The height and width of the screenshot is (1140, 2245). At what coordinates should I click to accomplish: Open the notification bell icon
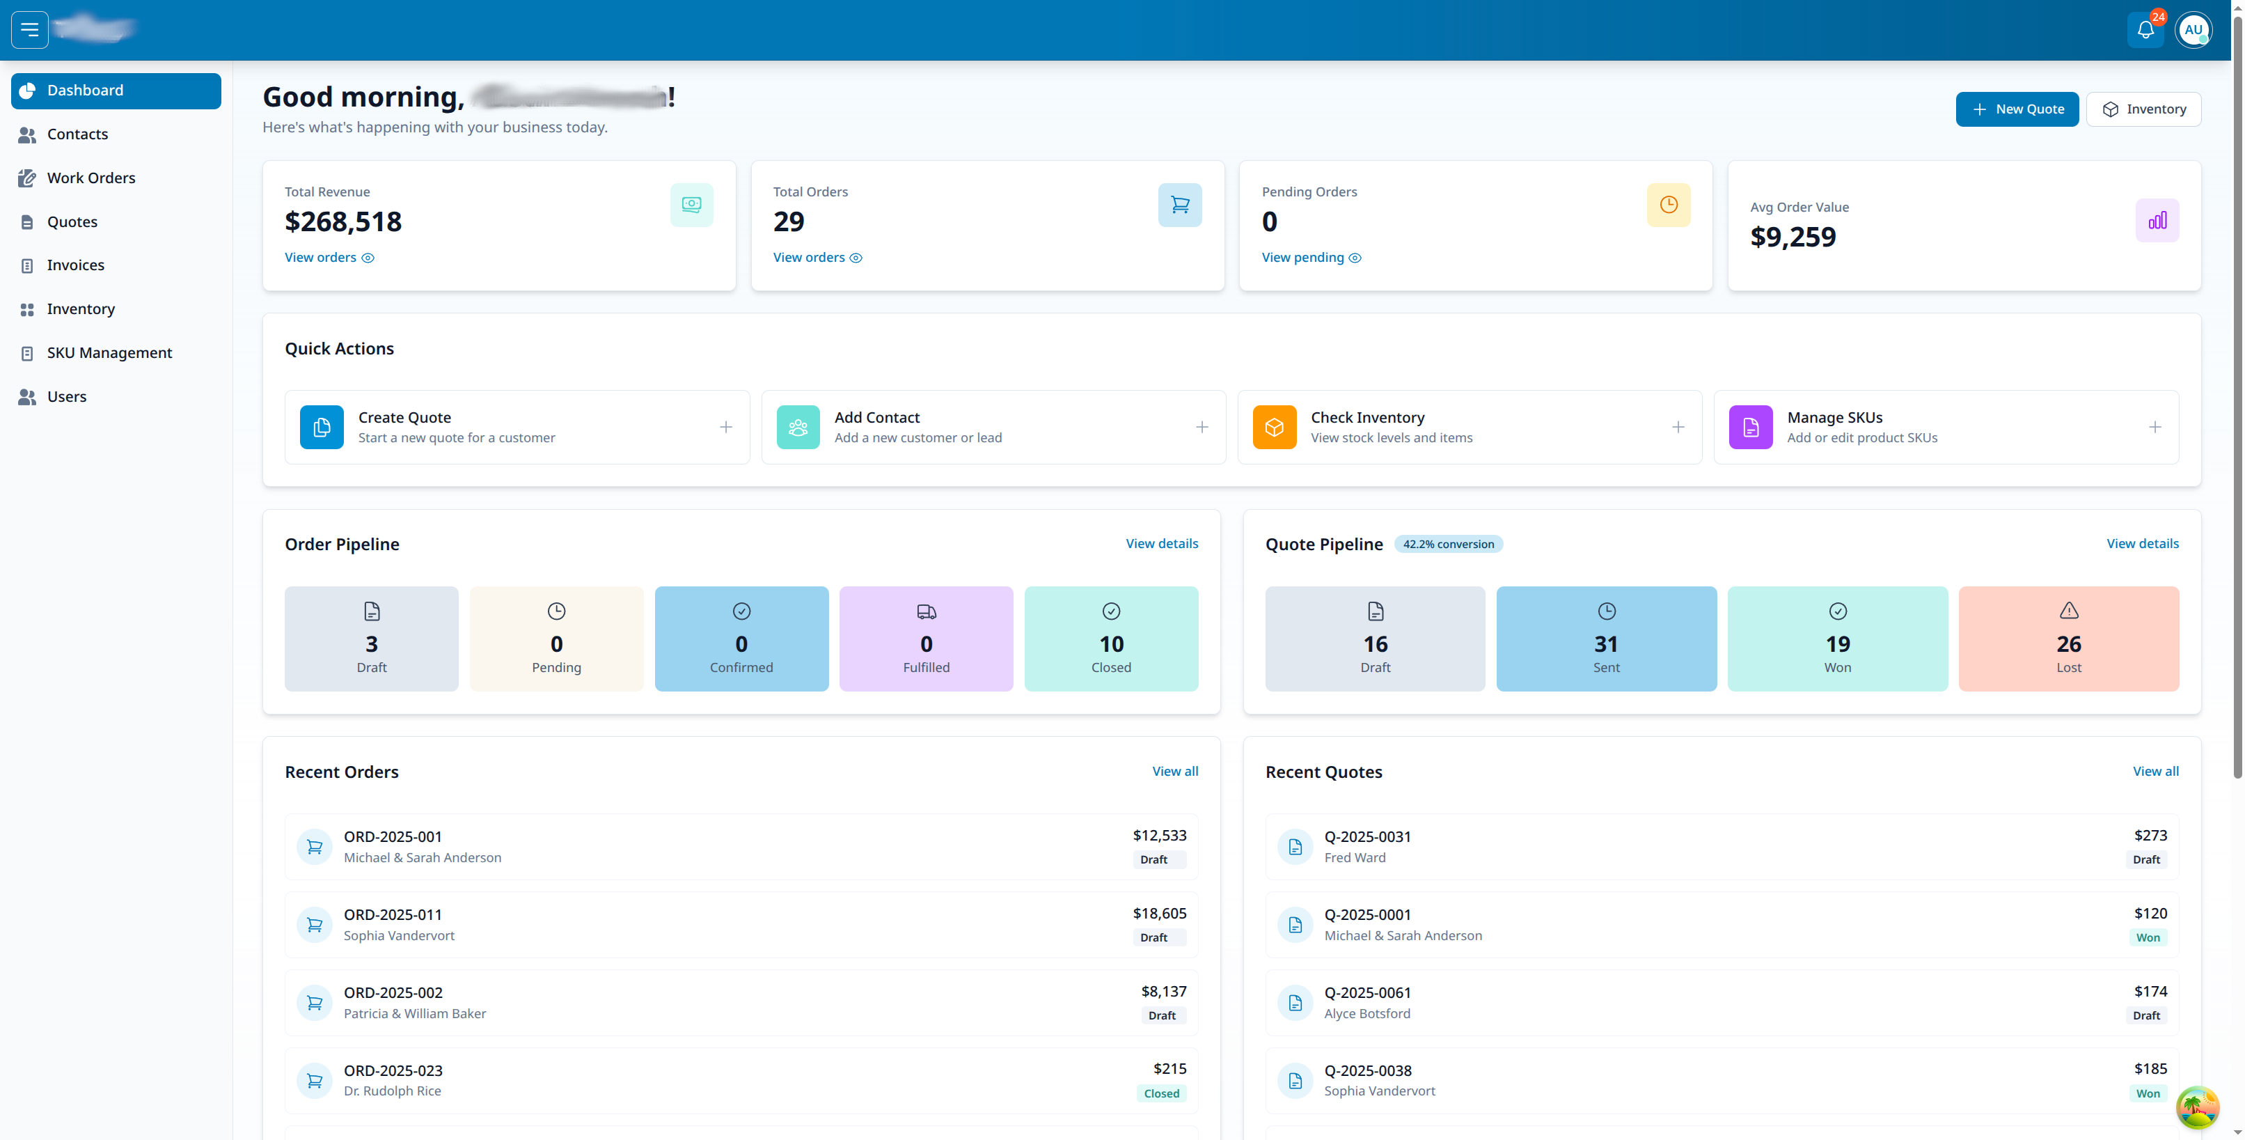2145,31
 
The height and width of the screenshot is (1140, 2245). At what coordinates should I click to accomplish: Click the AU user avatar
2193,31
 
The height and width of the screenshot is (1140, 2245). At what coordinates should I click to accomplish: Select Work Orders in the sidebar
90,178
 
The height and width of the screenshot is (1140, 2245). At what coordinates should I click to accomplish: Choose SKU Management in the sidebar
109,353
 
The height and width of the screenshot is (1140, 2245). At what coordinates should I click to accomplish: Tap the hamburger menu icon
30,31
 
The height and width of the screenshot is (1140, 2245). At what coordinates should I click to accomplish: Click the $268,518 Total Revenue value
342,221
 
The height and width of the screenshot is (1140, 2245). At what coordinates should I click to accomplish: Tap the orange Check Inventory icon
1273,427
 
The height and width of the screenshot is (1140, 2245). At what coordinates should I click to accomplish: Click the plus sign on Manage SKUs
2155,427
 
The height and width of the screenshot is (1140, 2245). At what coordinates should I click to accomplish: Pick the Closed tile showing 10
1110,639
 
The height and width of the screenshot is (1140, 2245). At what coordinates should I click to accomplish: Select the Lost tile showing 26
2068,639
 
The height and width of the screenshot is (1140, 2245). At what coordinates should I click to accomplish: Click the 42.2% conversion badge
1447,544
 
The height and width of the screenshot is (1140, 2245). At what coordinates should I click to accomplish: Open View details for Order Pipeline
1161,544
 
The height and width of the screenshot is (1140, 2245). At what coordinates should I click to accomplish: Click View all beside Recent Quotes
2155,772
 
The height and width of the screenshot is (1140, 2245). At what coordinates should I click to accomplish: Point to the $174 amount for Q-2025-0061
2150,991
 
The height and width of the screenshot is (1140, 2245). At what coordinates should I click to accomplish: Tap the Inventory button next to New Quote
2143,109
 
